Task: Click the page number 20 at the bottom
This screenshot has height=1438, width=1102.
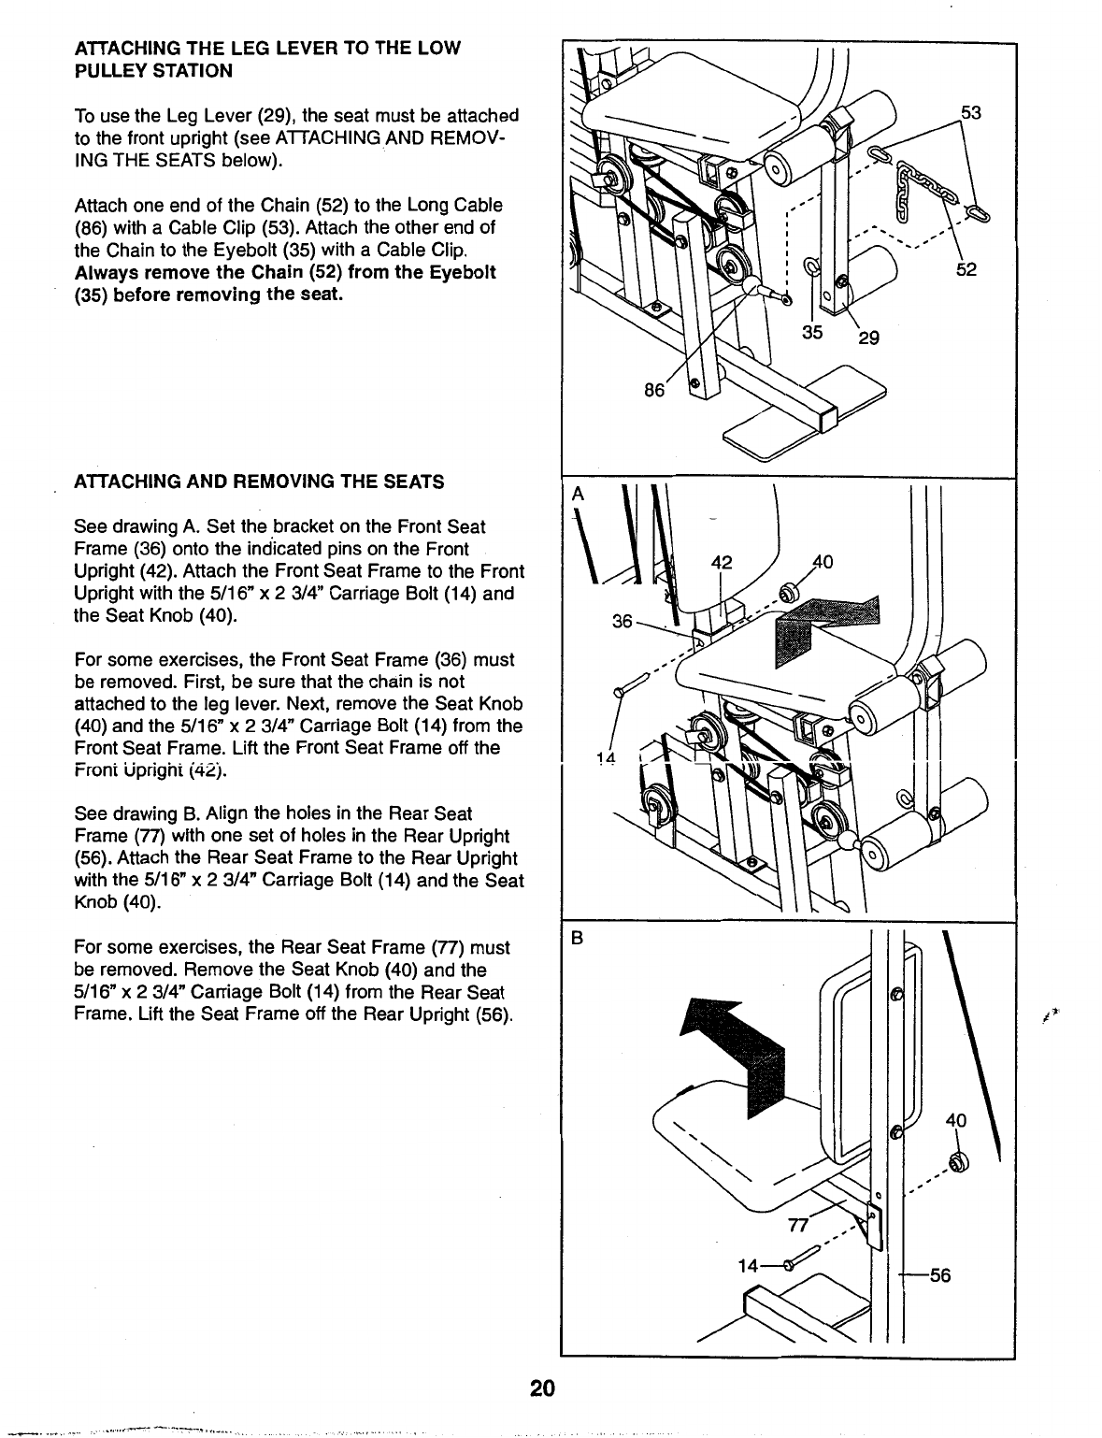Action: [541, 1387]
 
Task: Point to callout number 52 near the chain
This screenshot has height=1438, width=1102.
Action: [966, 270]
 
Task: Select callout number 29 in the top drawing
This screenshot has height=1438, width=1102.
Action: [869, 338]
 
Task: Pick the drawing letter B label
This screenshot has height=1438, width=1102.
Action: [578, 941]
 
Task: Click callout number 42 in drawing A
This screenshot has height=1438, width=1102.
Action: [721, 563]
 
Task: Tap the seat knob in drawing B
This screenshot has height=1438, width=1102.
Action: [957, 1161]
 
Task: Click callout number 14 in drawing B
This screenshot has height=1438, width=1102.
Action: [748, 1267]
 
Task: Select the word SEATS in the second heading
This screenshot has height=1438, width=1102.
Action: [412, 482]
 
